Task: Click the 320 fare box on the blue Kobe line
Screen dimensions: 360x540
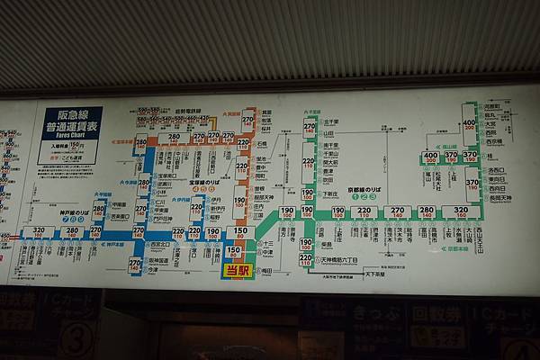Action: [x=39, y=232]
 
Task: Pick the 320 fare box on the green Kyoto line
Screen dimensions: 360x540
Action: [x=460, y=212]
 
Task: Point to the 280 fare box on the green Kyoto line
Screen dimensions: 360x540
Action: [x=427, y=212]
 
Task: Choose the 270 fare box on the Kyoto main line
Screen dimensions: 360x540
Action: [x=397, y=212]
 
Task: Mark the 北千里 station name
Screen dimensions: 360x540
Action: [x=329, y=121]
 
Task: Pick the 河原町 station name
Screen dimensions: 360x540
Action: [x=492, y=107]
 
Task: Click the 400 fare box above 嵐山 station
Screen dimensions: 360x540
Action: [x=431, y=157]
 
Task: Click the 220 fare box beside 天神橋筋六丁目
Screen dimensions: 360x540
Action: [x=306, y=259]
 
